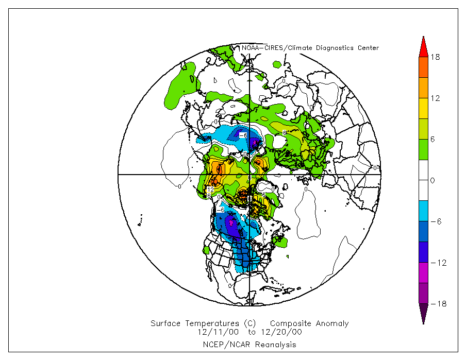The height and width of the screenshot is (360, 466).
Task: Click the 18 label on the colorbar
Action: (435, 57)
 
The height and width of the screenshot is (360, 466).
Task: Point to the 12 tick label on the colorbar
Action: (435, 98)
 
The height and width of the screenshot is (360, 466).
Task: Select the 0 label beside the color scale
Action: (433, 181)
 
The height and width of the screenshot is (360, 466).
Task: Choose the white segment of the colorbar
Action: (423, 170)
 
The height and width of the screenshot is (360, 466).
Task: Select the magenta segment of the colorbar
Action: (423, 272)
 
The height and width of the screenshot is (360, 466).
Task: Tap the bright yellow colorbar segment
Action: (423, 108)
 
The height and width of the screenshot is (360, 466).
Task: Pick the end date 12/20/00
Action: (283, 332)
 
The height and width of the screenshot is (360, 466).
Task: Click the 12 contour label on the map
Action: (210, 190)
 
